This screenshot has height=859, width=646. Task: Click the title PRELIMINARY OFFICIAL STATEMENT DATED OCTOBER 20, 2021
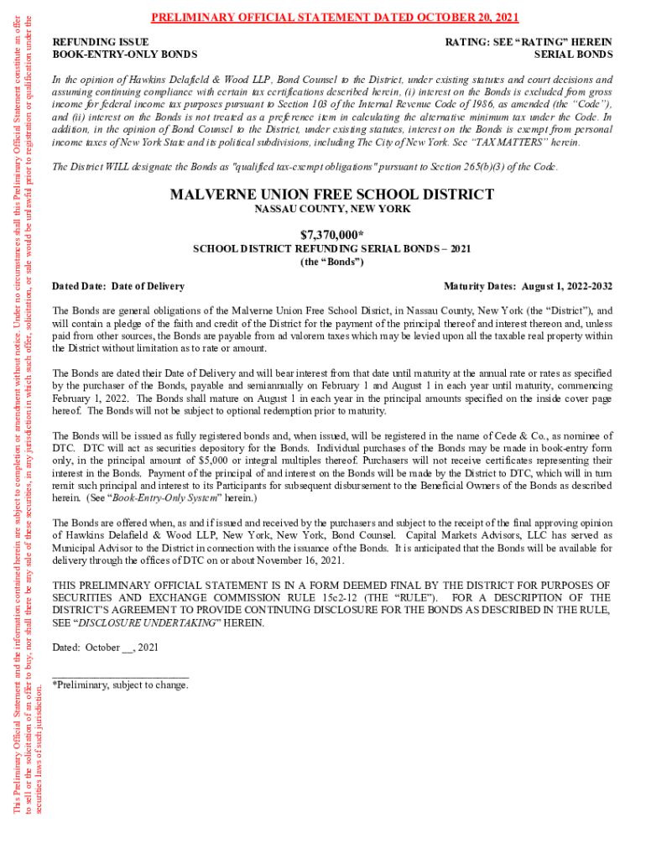335,18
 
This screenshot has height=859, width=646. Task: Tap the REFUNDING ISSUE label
101,42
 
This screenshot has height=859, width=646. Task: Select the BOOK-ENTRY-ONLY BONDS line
125,55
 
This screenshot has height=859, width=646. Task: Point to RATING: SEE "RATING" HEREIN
529,42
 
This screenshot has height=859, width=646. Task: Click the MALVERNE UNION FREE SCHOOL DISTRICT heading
332,195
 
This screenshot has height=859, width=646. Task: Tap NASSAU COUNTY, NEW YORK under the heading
332,210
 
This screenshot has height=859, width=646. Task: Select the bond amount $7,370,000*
332,234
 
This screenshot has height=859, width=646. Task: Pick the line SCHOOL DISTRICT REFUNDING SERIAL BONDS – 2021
332,248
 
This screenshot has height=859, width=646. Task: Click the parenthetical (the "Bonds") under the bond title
332,262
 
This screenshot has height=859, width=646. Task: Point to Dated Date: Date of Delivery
118,286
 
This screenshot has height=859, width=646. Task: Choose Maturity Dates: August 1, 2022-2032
528,286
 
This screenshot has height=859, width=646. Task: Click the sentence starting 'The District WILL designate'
305,166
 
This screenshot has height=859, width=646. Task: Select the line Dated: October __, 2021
105,648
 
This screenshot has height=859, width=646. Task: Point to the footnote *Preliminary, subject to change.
120,685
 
